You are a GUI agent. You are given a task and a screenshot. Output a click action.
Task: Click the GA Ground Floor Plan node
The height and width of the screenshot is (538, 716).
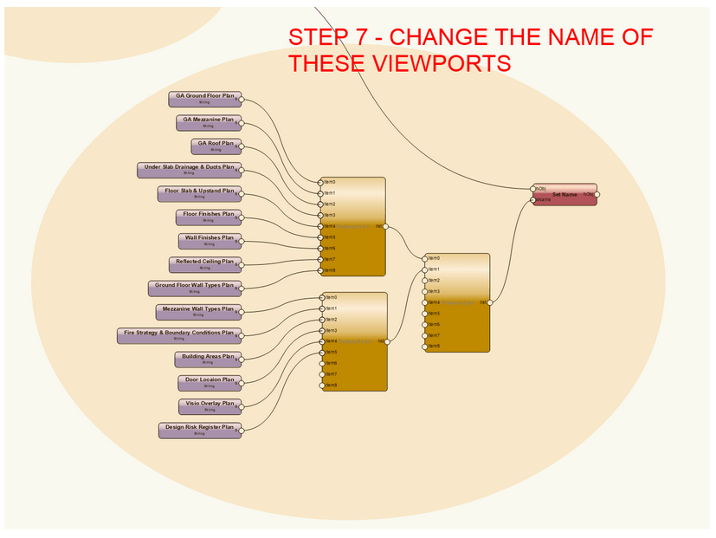[x=204, y=98]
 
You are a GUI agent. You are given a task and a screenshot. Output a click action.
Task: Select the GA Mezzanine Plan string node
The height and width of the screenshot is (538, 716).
[x=208, y=122]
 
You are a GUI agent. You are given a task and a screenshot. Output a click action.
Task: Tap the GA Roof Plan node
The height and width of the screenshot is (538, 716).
[x=216, y=146]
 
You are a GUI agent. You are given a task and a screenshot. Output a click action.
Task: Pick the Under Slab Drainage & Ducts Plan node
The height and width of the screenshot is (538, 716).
[x=189, y=170]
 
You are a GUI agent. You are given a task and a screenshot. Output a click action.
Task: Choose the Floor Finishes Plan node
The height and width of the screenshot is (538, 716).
[x=208, y=217]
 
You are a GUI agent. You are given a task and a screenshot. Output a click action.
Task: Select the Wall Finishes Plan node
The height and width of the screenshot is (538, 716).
[x=209, y=240]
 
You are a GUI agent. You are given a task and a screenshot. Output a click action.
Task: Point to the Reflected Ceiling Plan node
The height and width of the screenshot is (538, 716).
[x=204, y=263]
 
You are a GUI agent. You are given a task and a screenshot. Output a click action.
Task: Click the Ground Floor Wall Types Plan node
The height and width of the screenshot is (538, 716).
[x=194, y=288]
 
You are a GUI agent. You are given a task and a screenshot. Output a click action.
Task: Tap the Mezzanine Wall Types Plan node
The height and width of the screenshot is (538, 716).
[x=198, y=311]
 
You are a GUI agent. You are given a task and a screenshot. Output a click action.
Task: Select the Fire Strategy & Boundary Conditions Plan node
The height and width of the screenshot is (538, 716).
[x=179, y=335]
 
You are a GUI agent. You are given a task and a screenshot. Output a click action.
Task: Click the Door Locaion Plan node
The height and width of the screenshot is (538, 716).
[x=209, y=382]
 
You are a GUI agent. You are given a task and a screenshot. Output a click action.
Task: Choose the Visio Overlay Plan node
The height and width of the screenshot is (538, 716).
[x=209, y=405]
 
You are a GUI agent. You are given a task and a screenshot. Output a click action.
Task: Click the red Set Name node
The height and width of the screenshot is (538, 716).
[x=564, y=195]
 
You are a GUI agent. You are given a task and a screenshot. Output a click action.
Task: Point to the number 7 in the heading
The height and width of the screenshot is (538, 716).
[x=363, y=38]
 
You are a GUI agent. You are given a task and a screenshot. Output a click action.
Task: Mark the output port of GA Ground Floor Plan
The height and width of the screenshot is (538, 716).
[x=242, y=99]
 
